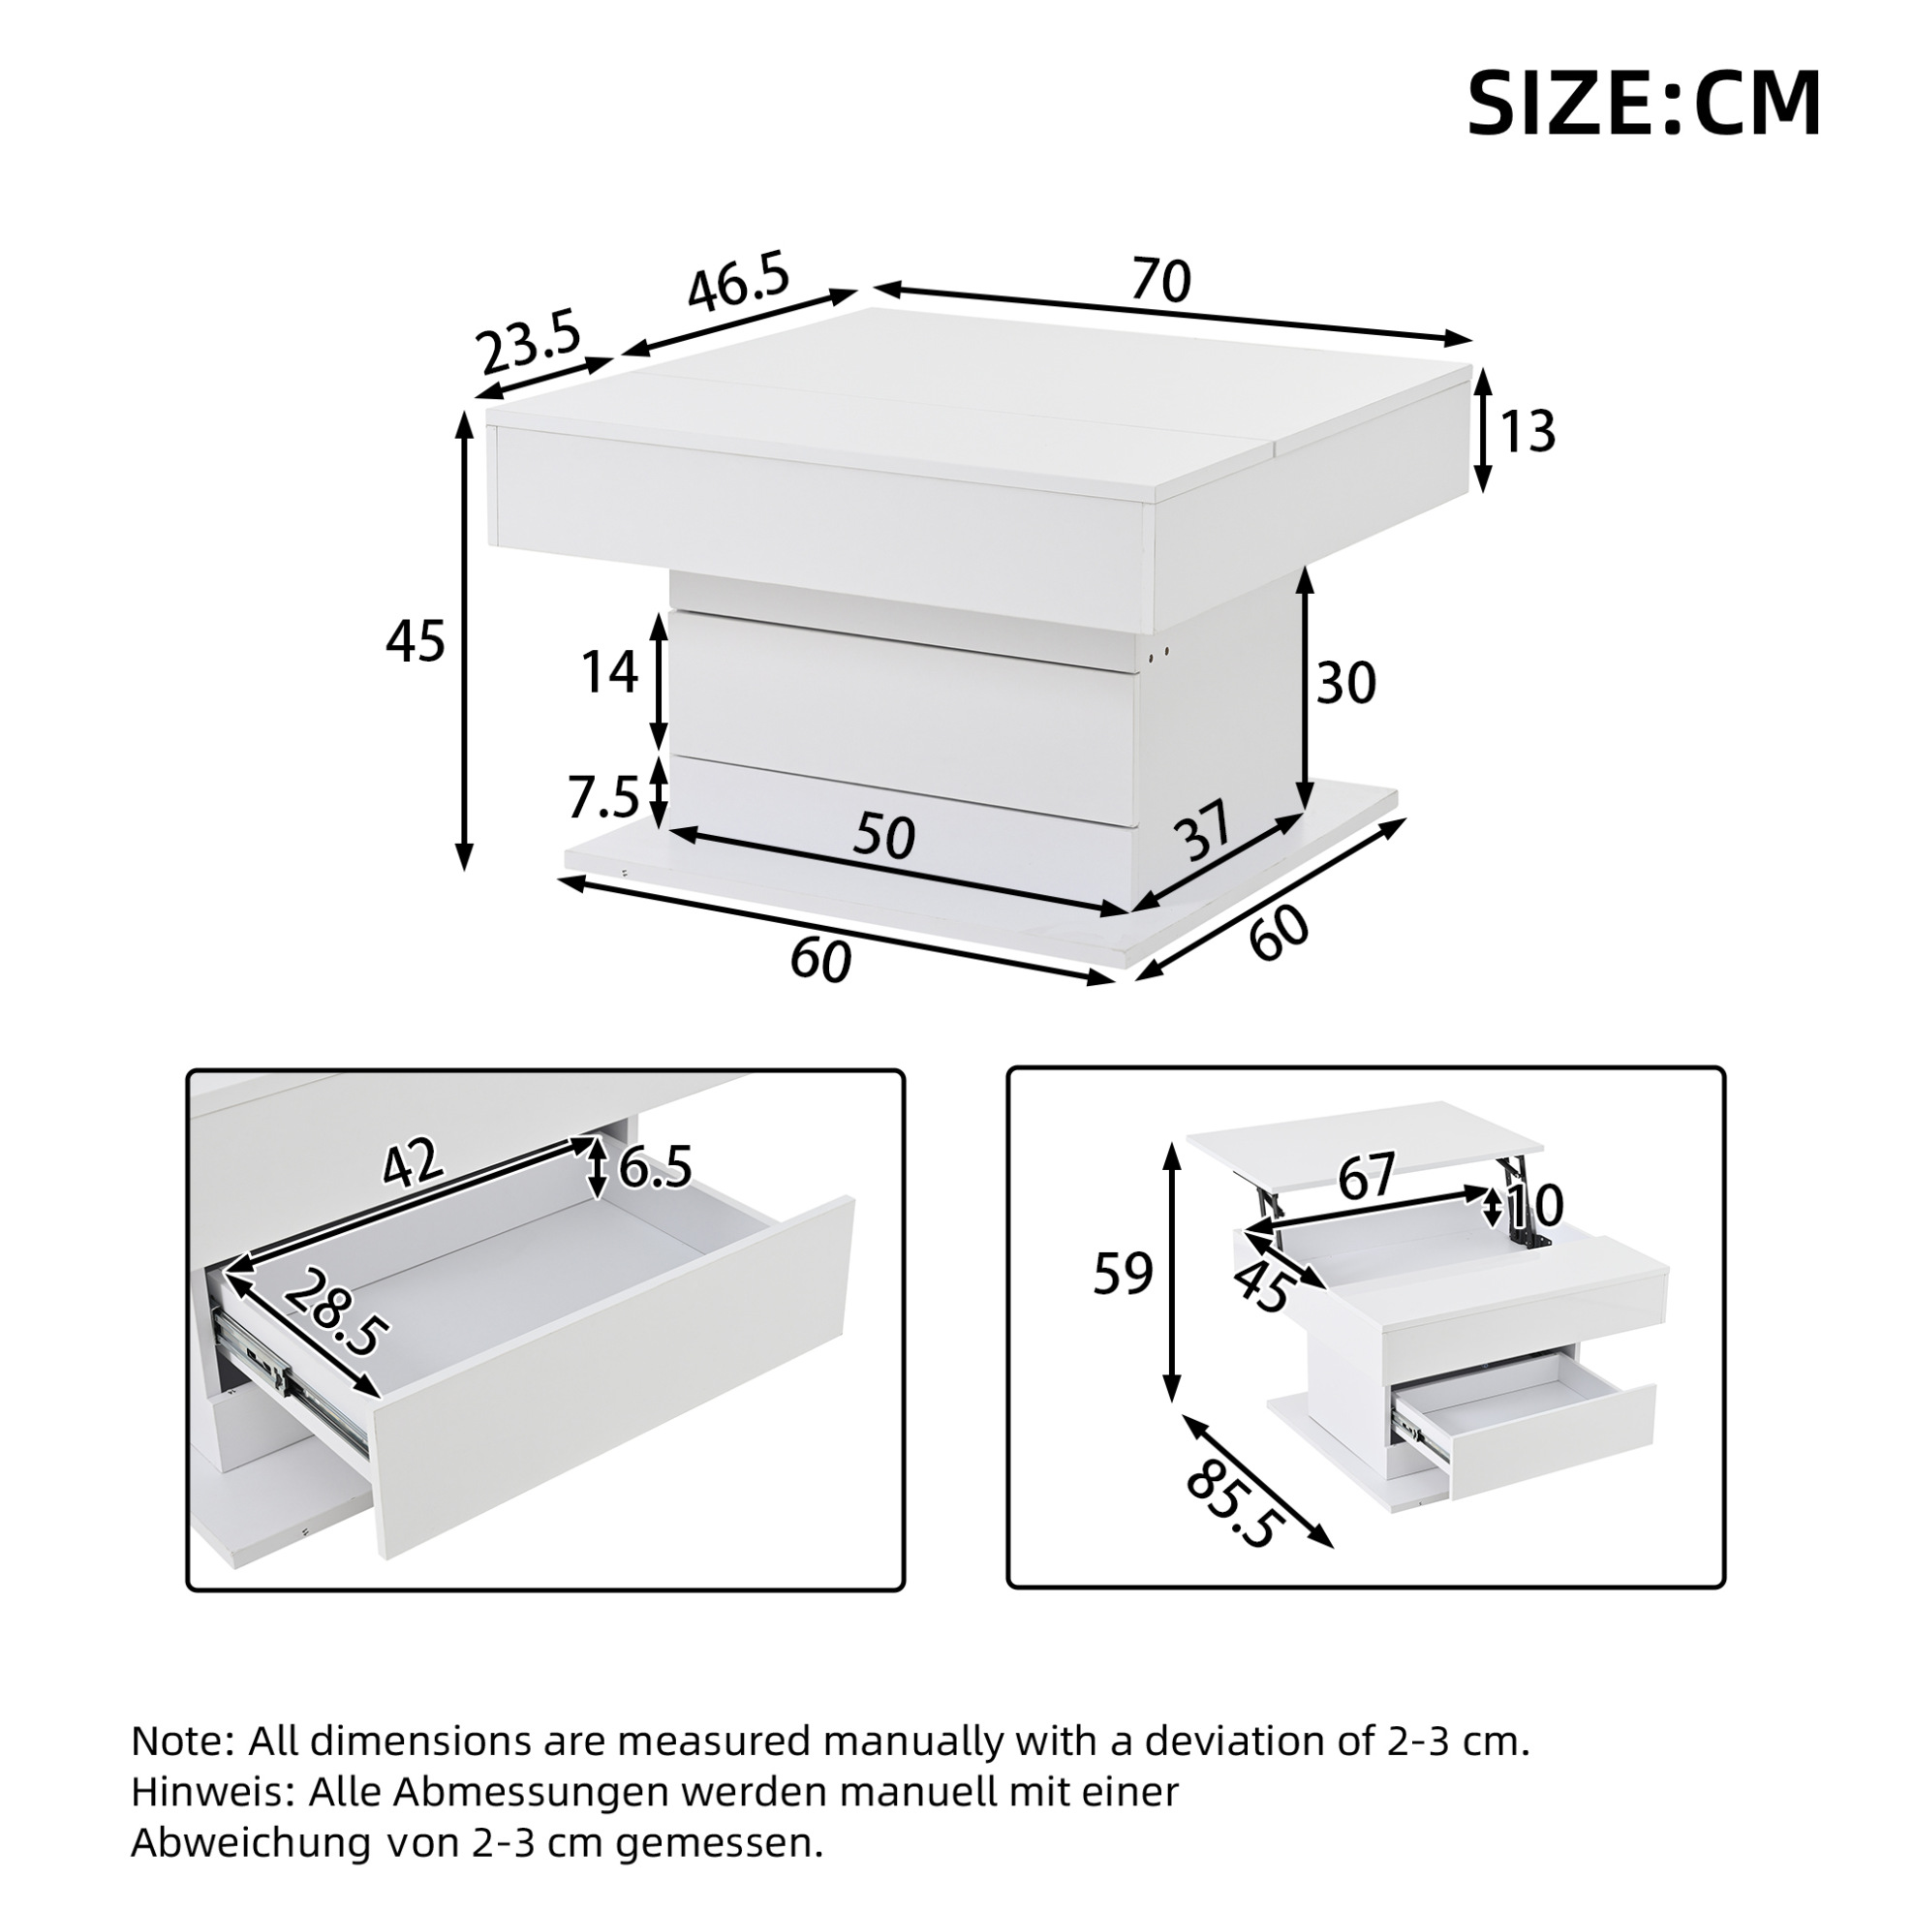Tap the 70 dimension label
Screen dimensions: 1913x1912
coord(1160,280)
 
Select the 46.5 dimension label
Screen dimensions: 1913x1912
coord(739,281)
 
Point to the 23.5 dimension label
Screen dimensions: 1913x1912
coord(528,340)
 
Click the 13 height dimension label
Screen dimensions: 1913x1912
coord(1527,432)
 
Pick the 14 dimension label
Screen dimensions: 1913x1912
coord(608,673)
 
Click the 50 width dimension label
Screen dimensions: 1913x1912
coord(883,836)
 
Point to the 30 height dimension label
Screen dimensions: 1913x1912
coord(1345,683)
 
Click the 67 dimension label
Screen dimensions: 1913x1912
coord(1367,1174)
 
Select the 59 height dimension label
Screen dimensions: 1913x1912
coord(1123,1274)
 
